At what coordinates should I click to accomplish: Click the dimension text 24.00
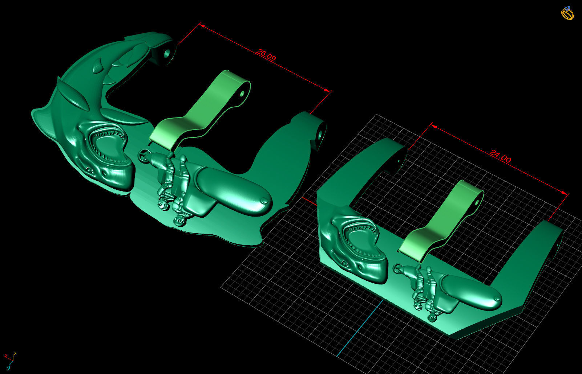pos(500,156)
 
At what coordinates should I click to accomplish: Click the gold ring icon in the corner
pos(567,13)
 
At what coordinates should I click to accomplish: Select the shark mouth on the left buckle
pos(108,147)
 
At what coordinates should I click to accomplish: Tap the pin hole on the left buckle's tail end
pos(167,54)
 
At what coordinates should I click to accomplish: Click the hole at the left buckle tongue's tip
pos(242,93)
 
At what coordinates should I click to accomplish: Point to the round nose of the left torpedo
pos(265,201)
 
